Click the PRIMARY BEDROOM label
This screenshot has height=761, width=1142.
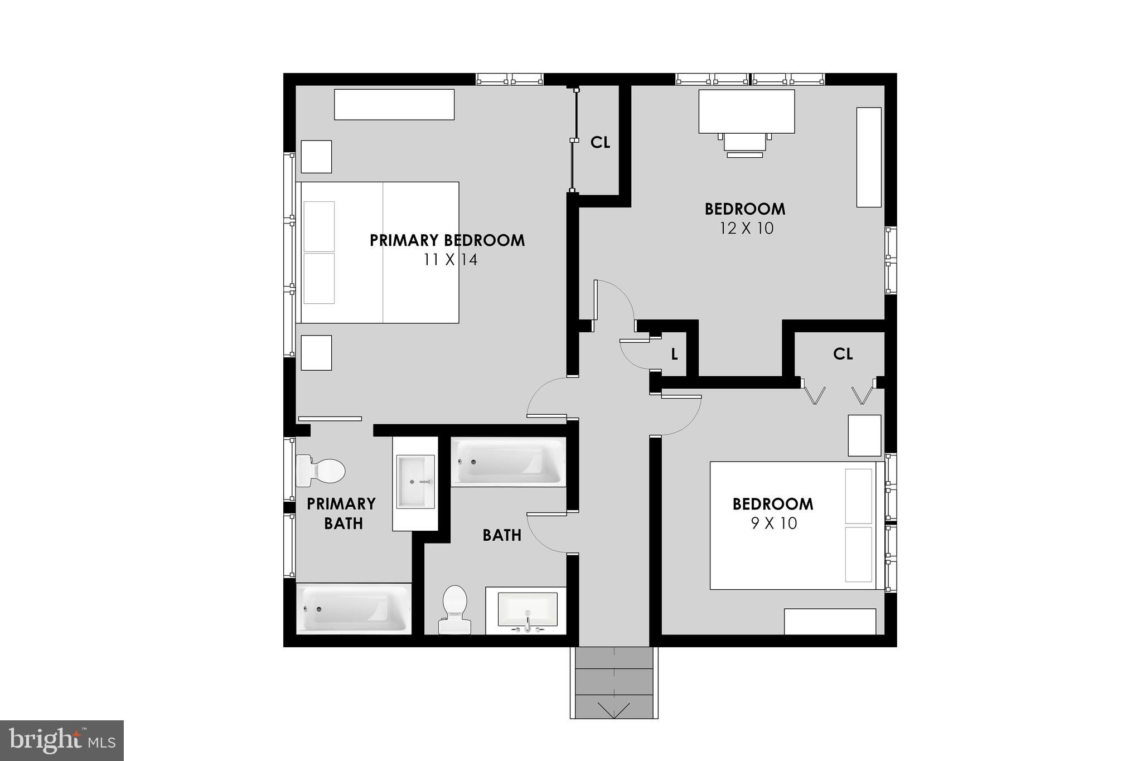(x=447, y=240)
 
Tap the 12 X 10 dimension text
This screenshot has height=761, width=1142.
(x=746, y=229)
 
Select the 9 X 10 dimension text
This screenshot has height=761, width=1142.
(x=773, y=524)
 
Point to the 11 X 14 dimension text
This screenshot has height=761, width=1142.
(x=450, y=260)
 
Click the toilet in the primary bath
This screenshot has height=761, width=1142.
(x=321, y=471)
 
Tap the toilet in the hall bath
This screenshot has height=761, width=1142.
(x=454, y=609)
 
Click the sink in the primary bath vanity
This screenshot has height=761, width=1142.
(x=415, y=482)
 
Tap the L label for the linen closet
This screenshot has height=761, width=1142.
(x=674, y=355)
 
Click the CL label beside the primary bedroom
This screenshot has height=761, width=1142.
(x=600, y=143)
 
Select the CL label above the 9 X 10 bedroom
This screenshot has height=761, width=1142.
(x=843, y=354)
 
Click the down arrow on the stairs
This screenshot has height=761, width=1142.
(x=613, y=710)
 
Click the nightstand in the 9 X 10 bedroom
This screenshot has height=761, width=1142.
(x=864, y=435)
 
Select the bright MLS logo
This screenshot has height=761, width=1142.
(x=62, y=740)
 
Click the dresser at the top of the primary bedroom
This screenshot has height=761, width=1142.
(x=394, y=104)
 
